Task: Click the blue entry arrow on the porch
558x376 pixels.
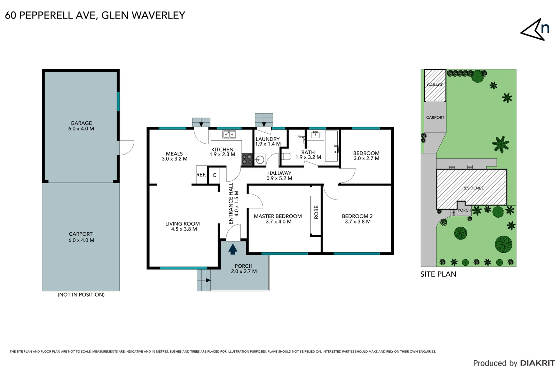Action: (x=233, y=249)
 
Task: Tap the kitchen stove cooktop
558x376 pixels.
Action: (x=247, y=159)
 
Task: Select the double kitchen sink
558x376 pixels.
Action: (x=229, y=134)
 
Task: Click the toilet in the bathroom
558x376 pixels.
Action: (x=286, y=156)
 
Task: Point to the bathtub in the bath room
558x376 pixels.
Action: (x=331, y=146)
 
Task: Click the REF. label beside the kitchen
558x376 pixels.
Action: (x=201, y=175)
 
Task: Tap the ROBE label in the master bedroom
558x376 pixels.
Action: (x=316, y=212)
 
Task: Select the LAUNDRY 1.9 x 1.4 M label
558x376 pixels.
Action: (x=268, y=141)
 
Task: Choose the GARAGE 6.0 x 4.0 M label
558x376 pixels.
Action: (x=81, y=126)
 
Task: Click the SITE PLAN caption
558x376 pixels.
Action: (x=438, y=274)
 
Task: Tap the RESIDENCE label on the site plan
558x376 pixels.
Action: (x=473, y=188)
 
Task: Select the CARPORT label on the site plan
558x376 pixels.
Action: (x=435, y=118)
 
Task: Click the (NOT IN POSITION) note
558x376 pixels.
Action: (x=81, y=295)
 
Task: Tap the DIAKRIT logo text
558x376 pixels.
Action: (x=537, y=363)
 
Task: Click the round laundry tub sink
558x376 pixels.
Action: (x=260, y=160)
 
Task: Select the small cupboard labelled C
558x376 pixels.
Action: (x=214, y=175)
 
